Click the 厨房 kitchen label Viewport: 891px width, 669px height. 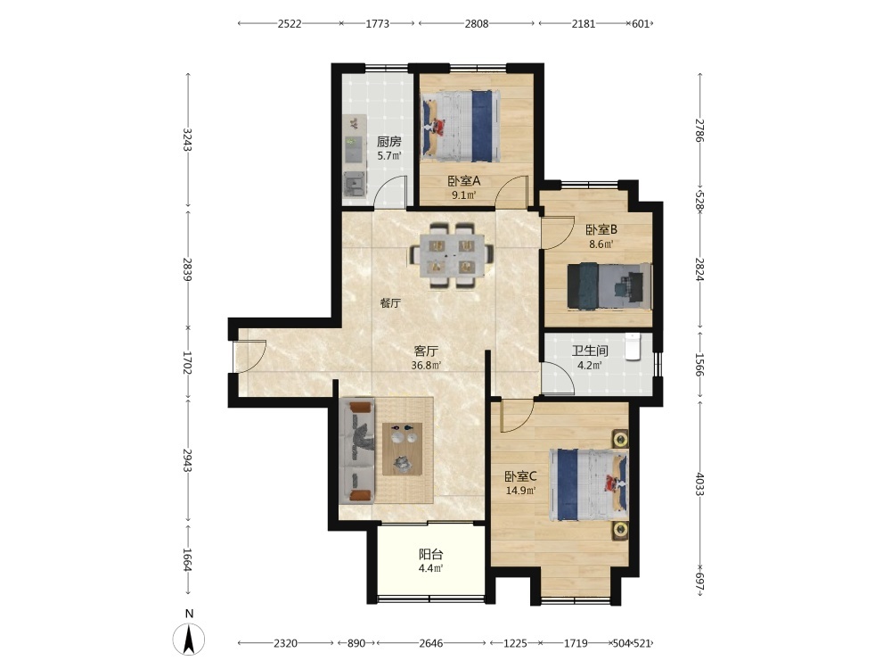point(389,142)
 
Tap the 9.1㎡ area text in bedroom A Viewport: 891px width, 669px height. point(463,195)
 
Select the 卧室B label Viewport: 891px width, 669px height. point(601,230)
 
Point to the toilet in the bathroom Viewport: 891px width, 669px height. point(633,347)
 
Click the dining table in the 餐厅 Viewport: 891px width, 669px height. point(452,255)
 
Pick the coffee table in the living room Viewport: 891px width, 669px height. point(403,449)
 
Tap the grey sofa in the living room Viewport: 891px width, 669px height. point(357,451)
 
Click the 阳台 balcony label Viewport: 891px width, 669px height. point(430,554)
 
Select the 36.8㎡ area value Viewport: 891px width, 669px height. point(426,365)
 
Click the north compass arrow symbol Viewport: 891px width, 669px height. point(189,639)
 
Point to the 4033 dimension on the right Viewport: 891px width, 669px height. point(699,484)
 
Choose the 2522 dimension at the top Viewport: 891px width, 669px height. point(290,23)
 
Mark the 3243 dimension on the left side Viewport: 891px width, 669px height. point(187,140)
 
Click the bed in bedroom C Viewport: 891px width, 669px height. point(589,484)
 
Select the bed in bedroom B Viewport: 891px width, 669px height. point(609,286)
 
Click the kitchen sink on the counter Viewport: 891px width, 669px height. point(355,183)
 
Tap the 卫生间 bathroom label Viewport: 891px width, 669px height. point(590,351)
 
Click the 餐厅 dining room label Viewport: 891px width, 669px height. point(390,303)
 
